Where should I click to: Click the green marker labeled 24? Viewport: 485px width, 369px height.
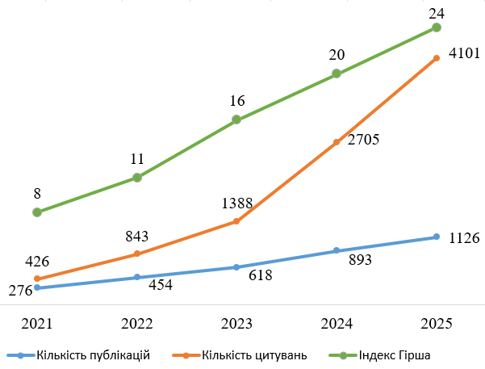click(437, 27)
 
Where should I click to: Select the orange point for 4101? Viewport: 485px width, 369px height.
click(437, 57)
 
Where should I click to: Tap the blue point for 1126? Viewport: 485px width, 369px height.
click(437, 237)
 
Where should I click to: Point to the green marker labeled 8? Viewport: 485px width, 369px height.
click(37, 212)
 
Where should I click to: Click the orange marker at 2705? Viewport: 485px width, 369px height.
click(337, 142)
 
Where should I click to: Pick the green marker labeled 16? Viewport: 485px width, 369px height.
click(236, 120)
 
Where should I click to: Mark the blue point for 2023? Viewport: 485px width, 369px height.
click(236, 267)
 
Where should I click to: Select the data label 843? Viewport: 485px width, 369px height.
click(138, 236)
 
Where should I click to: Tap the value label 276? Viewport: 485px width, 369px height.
click(20, 291)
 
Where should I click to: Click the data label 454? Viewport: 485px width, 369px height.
click(161, 285)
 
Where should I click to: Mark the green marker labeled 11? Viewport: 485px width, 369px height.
click(137, 178)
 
